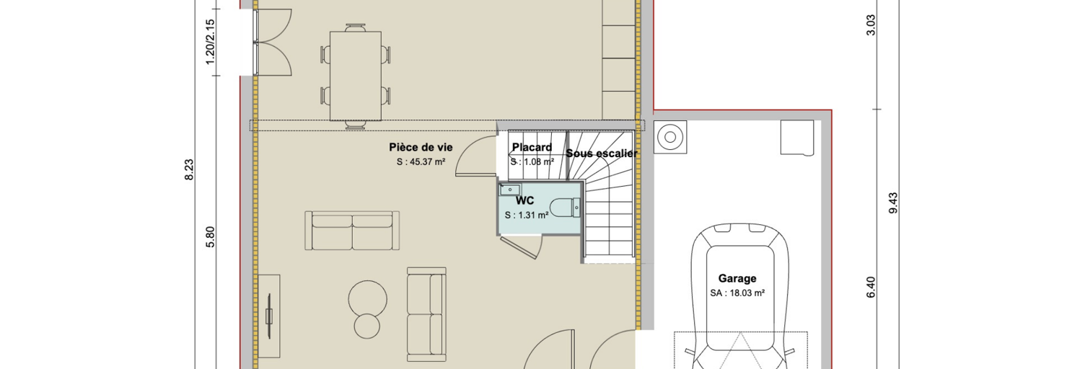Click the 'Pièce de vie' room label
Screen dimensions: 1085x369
tap(421, 147)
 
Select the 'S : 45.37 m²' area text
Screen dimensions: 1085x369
tap(421, 162)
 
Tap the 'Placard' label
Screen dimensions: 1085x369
tap(532, 147)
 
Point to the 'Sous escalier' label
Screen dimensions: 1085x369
tap(602, 154)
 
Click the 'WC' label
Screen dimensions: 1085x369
tap(524, 200)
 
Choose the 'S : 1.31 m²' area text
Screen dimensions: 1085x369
tap(527, 215)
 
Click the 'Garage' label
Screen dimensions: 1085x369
tap(737, 278)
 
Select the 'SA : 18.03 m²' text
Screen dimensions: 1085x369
tap(737, 293)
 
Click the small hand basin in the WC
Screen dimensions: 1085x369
tap(510, 190)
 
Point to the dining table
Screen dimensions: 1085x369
tap(356, 76)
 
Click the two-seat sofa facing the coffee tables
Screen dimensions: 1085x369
tap(352, 230)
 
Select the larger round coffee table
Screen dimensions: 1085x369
tap(368, 298)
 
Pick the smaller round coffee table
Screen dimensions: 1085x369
tap(366, 326)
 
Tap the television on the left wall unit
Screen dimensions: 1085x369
tap(269, 316)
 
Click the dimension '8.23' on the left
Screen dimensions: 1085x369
tap(190, 170)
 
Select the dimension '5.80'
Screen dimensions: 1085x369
tap(210, 237)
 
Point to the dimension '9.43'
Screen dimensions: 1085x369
tap(893, 203)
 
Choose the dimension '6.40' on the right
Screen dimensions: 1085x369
tap(871, 287)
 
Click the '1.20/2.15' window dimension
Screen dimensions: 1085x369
tap(210, 42)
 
